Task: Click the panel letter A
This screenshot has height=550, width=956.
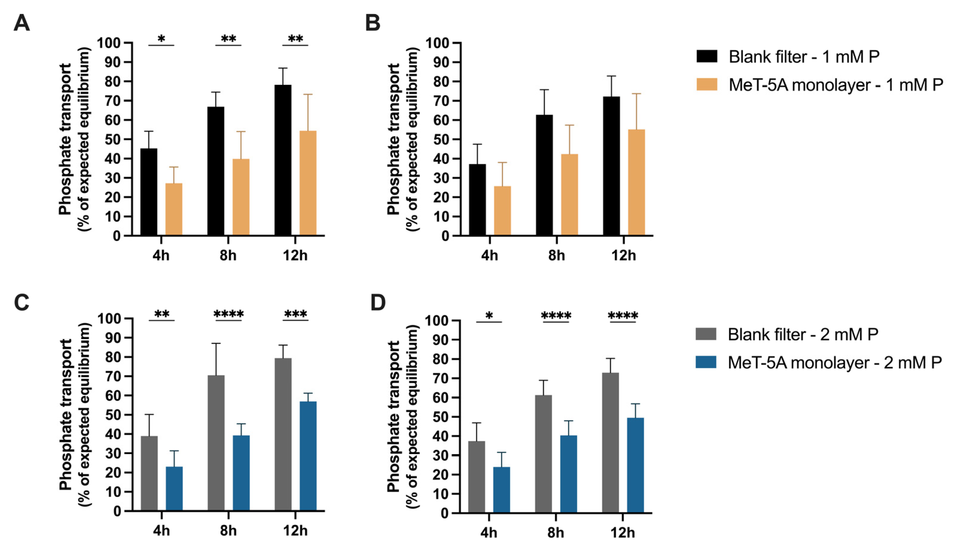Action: pos(22,23)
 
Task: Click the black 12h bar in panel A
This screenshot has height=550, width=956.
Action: pos(283,160)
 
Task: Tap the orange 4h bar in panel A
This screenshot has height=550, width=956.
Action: pos(174,209)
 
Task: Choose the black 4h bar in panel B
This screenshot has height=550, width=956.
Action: pos(477,200)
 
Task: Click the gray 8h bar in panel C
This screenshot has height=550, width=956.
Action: pos(216,443)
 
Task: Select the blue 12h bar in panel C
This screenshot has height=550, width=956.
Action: pos(308,456)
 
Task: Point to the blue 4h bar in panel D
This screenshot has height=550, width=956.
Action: pos(501,490)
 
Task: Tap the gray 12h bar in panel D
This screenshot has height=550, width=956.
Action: pos(611,443)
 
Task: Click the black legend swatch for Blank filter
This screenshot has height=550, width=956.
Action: pos(707,56)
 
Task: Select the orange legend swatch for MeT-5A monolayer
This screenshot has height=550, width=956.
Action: pos(707,84)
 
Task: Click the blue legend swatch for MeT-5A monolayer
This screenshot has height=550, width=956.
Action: pos(706,362)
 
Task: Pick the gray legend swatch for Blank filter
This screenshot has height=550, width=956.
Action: pos(706,334)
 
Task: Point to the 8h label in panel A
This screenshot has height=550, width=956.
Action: pos(228,256)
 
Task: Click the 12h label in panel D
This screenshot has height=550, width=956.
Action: pos(623,533)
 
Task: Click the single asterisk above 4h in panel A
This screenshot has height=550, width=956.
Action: pos(161,39)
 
